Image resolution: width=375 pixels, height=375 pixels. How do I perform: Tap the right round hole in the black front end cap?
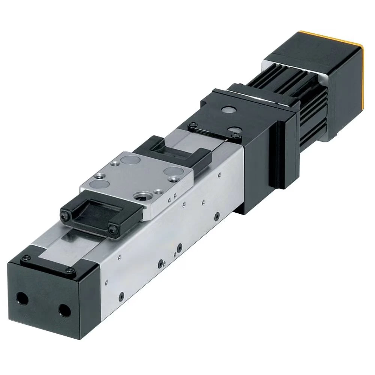(x=64, y=310)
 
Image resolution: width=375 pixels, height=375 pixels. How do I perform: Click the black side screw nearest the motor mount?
(x=217, y=216)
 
